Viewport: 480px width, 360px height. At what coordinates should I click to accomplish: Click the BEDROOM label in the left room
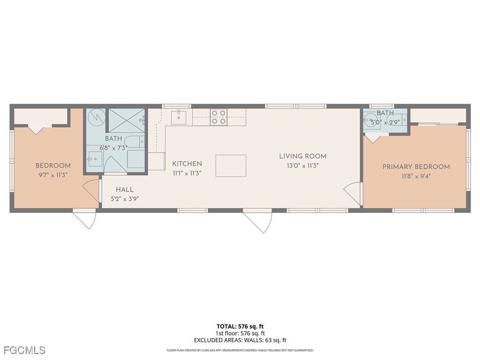[53, 165]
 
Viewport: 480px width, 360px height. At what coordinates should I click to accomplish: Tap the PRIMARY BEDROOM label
[416, 166]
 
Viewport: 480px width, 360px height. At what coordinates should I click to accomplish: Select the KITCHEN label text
[187, 164]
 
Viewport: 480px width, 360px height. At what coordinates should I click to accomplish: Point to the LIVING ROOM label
[303, 156]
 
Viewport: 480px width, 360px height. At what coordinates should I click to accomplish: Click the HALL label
[125, 189]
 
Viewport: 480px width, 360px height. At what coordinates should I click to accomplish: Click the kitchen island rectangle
[231, 165]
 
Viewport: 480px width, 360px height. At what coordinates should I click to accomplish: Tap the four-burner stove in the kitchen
[218, 117]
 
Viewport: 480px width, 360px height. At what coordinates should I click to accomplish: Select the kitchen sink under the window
[179, 117]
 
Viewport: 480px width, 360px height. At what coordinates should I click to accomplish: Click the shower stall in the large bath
[127, 120]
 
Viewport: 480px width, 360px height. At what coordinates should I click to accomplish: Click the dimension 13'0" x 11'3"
[303, 165]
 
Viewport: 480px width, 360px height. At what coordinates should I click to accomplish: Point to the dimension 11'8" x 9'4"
[416, 176]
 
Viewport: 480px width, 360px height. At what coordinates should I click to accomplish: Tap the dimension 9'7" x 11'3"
[53, 175]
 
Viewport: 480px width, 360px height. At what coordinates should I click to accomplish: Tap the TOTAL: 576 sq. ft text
[240, 326]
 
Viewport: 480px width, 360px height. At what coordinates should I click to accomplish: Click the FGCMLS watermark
[24, 350]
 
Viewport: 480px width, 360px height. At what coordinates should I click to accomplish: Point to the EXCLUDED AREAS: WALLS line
[240, 340]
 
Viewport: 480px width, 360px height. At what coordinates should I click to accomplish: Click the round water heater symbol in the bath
[97, 117]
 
